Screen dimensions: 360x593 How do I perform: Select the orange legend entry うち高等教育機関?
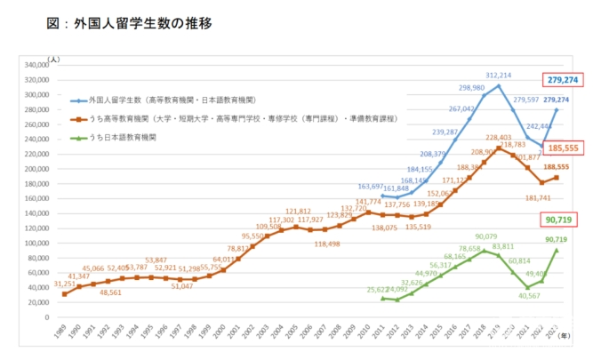click(x=240, y=118)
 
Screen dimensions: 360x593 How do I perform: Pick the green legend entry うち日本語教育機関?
click(x=116, y=139)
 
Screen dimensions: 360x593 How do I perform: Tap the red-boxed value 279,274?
click(x=563, y=80)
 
